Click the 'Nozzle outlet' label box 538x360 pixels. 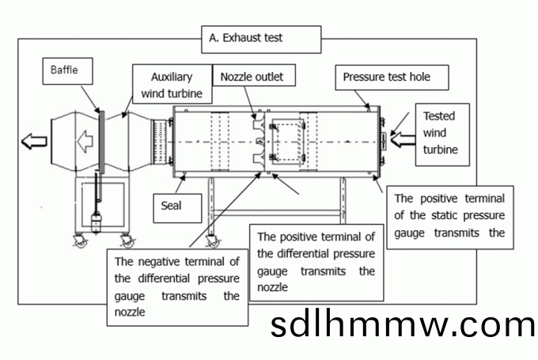[252, 77]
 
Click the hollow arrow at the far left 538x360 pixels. [34, 142]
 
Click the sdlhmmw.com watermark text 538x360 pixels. [402, 325]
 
